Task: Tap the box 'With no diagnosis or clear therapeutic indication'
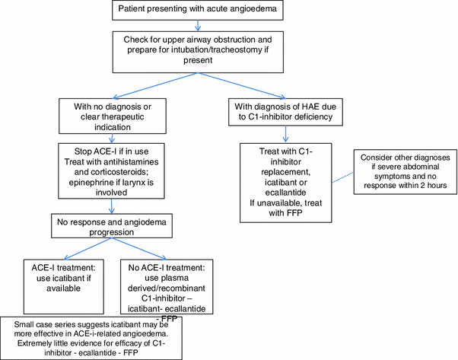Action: tap(112, 116)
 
